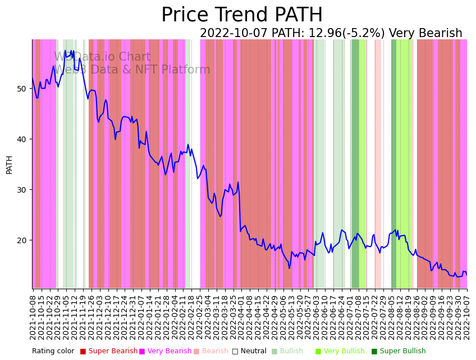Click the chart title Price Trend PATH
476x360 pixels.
click(x=242, y=15)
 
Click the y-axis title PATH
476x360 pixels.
click(x=9, y=165)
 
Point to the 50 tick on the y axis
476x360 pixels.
click(x=21, y=89)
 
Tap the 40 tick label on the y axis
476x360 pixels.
click(x=21, y=139)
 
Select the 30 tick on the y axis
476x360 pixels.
click(x=21, y=190)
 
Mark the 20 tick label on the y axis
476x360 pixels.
click(x=21, y=240)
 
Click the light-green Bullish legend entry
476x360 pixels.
click(x=291, y=352)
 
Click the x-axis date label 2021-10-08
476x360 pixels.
click(x=33, y=315)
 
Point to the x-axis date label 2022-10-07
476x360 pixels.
click(x=466, y=315)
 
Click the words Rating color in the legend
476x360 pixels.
click(x=53, y=352)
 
